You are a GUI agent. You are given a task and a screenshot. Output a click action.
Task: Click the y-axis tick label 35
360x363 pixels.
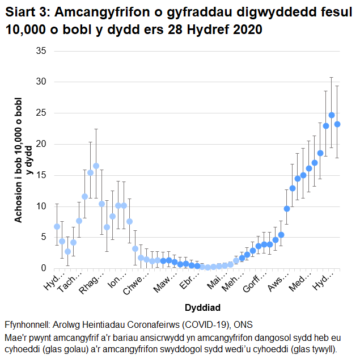pyautogui.click(x=41, y=51)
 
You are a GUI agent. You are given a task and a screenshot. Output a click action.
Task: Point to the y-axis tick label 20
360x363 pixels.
pyautogui.click(x=41, y=144)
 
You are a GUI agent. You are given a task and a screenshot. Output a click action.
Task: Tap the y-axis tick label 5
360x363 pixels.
pyautogui.click(x=43, y=237)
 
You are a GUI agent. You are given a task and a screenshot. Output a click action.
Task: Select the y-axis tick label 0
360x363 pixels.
pyautogui.click(x=43, y=268)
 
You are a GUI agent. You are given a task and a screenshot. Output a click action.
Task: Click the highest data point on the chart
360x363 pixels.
pyautogui.click(x=332, y=115)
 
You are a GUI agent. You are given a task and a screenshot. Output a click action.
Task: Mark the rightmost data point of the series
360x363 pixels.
pyautogui.click(x=337, y=124)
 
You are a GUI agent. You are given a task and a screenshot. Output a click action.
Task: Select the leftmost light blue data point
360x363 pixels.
pyautogui.click(x=57, y=226)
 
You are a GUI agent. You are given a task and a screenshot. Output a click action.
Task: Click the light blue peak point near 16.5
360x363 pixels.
pyautogui.click(x=96, y=166)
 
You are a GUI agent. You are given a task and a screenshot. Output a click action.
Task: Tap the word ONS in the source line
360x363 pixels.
pyautogui.click(x=242, y=326)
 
